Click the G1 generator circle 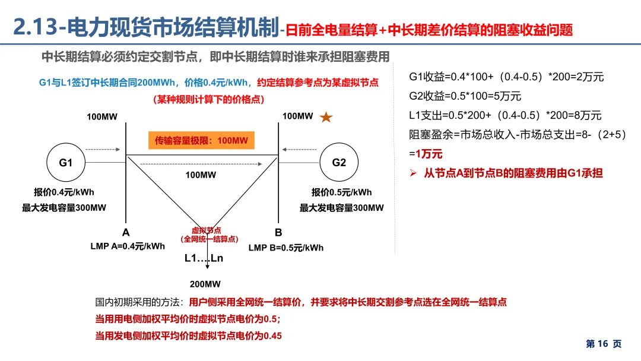click(65, 162)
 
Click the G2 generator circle click(339, 162)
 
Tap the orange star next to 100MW click(326, 118)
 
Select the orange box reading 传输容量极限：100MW click(201, 141)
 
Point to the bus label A click(126, 232)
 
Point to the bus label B click(278, 232)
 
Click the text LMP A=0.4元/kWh click(128, 246)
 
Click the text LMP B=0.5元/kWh click(286, 247)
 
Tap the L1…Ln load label click(204, 258)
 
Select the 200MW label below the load click(205, 284)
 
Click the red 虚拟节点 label click(206, 230)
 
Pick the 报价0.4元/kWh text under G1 click(64, 192)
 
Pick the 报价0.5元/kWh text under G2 click(341, 192)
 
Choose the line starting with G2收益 click(457, 96)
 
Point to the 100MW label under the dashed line click(201, 175)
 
